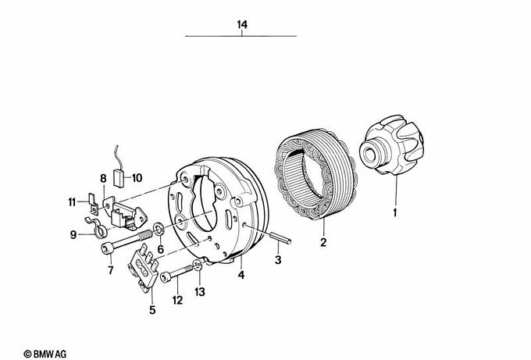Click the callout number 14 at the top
pyautogui.click(x=242, y=25)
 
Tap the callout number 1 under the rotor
pyautogui.click(x=394, y=213)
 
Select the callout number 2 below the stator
pyautogui.click(x=323, y=242)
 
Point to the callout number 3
pyautogui.click(x=278, y=260)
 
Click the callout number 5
pyautogui.click(x=152, y=309)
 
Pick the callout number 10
pyautogui.click(x=137, y=178)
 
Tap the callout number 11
pyautogui.click(x=72, y=202)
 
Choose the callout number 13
pyautogui.click(x=200, y=291)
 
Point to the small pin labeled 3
pyautogui.click(x=281, y=237)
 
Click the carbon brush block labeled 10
pyautogui.click(x=119, y=178)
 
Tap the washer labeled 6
pyautogui.click(x=159, y=229)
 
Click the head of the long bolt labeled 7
pyautogui.click(x=106, y=250)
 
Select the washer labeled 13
pyautogui.click(x=198, y=266)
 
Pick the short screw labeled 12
pyautogui.click(x=178, y=273)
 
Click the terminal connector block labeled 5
pyautogui.click(x=143, y=268)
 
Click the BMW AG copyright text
pyautogui.click(x=45, y=354)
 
